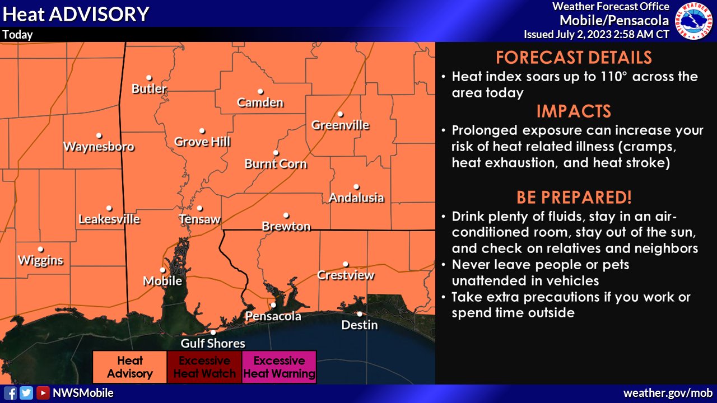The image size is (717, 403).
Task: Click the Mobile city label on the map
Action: (x=162, y=280)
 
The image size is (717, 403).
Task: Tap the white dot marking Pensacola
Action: (x=273, y=305)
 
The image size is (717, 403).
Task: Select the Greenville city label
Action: (x=340, y=125)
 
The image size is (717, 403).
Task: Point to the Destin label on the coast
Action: (x=360, y=325)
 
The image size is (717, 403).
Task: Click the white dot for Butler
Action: (x=149, y=78)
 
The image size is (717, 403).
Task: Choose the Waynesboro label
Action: (x=99, y=147)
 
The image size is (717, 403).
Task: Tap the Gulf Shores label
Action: (x=213, y=343)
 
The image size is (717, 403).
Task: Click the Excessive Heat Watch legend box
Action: (x=204, y=367)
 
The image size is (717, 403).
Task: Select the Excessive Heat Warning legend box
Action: (x=279, y=367)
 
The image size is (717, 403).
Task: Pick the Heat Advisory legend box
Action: (x=129, y=367)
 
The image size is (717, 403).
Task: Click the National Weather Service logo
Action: (x=693, y=21)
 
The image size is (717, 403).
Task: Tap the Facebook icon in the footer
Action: (x=10, y=393)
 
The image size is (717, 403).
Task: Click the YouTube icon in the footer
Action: (x=43, y=393)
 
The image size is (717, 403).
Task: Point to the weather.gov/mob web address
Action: (x=668, y=393)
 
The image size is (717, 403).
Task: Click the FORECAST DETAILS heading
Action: (x=574, y=58)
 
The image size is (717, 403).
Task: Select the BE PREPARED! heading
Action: (x=574, y=198)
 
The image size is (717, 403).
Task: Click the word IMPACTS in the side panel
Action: (x=574, y=111)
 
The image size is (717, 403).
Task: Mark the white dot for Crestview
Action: (x=346, y=264)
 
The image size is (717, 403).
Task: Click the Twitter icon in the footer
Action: (x=26, y=393)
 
